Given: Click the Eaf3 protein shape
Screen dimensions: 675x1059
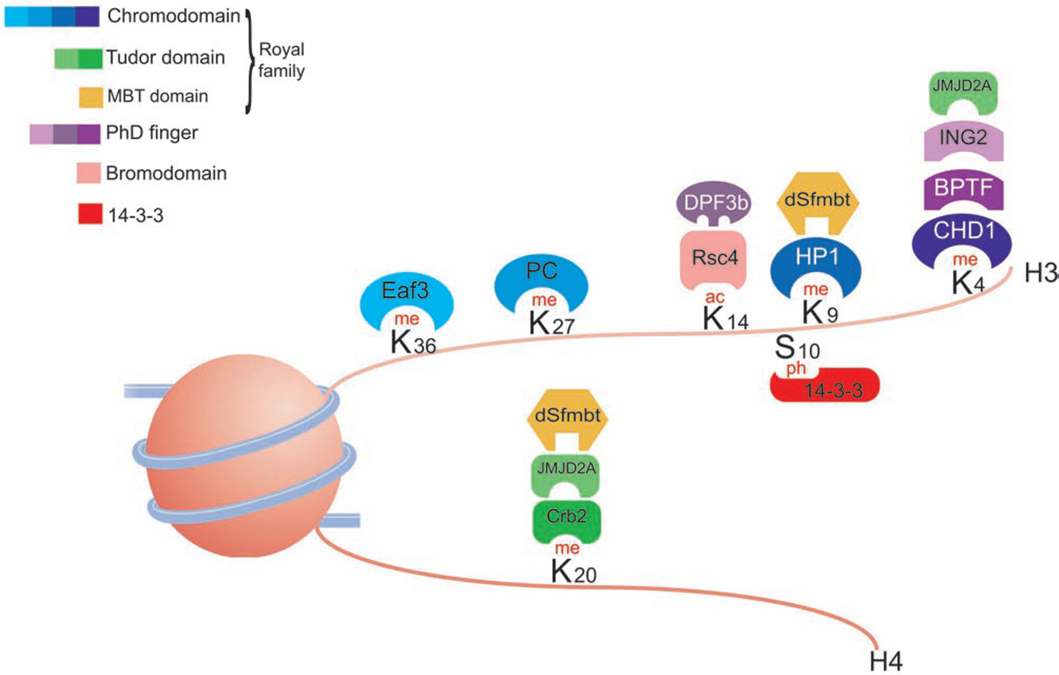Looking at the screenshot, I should [406, 292].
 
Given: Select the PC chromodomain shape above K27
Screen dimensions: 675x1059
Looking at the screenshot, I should [541, 273].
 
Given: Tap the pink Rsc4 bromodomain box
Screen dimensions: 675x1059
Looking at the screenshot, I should [713, 258].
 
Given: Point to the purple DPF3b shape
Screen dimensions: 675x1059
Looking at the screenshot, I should [713, 202].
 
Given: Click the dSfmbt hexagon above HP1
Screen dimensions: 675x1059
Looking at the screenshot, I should [817, 199].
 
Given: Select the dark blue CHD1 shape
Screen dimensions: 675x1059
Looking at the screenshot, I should [962, 233].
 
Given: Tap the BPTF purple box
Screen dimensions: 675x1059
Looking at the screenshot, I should [963, 189].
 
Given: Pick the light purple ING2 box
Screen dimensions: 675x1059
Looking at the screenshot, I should [963, 138].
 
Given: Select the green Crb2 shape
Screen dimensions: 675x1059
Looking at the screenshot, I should [567, 518].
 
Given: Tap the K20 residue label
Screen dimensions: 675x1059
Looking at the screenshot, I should [573, 571].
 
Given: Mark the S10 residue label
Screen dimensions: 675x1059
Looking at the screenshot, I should [797, 348].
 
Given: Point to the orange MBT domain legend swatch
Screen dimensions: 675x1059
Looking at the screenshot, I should [91, 97].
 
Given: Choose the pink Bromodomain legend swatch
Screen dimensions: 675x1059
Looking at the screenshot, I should [88, 173].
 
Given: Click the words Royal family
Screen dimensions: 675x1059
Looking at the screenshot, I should [281, 60].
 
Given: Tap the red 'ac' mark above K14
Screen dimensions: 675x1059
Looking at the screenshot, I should [715, 297].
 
